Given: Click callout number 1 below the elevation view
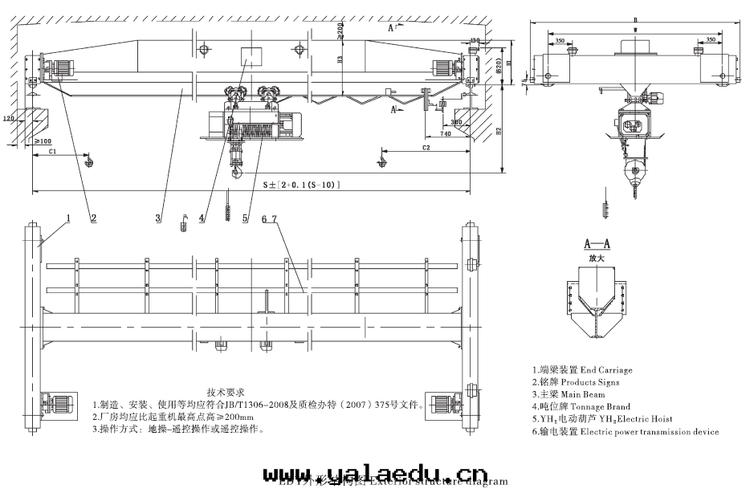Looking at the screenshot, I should pos(69,217).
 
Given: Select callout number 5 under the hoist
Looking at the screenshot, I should pos(245,218).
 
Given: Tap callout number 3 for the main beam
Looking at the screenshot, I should pos(158,217).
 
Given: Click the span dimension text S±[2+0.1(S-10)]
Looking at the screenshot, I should pos(302,185).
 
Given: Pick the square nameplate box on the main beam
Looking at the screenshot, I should pos(251,56).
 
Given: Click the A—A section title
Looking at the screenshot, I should pos(596,242).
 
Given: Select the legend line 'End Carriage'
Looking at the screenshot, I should pos(581,370).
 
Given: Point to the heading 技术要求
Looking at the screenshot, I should pos(226,392).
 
